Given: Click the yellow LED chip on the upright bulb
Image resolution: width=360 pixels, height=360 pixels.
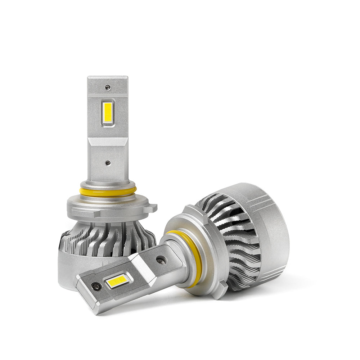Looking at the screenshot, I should pyautogui.click(x=107, y=113).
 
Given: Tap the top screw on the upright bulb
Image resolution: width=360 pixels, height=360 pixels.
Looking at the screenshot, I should pyautogui.click(x=107, y=87).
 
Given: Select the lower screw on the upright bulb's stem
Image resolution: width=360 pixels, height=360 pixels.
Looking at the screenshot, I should pyautogui.click(x=108, y=163).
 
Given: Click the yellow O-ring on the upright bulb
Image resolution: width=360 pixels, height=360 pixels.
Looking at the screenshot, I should pyautogui.click(x=108, y=192).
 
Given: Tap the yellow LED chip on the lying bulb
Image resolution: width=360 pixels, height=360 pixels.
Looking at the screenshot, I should pyautogui.click(x=117, y=281).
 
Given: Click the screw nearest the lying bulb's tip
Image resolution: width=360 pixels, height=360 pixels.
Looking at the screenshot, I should pyautogui.click(x=96, y=287).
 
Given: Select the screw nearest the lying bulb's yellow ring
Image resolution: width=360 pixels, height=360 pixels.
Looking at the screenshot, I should pyautogui.click(x=161, y=260).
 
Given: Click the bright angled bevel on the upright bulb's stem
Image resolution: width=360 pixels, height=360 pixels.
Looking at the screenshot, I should pyautogui.click(x=108, y=141).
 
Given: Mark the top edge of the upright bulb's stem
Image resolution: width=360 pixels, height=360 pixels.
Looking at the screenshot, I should pyautogui.click(x=108, y=77).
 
